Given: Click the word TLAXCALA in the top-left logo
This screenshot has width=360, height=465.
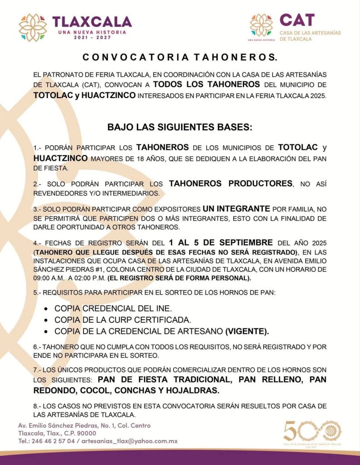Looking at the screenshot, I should (x=92, y=21).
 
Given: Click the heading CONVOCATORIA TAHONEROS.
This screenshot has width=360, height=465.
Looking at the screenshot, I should (x=180, y=58).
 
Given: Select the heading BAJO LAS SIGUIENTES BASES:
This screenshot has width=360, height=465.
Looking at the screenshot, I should (x=180, y=127).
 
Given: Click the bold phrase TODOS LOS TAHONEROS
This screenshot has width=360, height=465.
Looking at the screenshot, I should (x=206, y=84).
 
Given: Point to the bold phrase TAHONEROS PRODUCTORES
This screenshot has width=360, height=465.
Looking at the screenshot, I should (x=230, y=183).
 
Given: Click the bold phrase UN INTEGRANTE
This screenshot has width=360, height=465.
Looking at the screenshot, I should (x=236, y=209).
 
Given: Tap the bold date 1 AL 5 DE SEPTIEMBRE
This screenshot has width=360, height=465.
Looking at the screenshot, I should (x=220, y=242).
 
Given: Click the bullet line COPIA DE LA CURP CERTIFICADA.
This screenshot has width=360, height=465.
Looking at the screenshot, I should (x=122, y=319).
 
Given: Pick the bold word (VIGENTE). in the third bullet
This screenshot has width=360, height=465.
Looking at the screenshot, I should (x=247, y=330).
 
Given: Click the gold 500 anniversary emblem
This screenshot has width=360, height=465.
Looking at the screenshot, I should (x=312, y=432).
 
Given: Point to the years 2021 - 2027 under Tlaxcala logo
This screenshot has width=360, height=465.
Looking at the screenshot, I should (x=92, y=37).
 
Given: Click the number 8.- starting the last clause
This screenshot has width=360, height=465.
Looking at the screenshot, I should (x=38, y=406).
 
